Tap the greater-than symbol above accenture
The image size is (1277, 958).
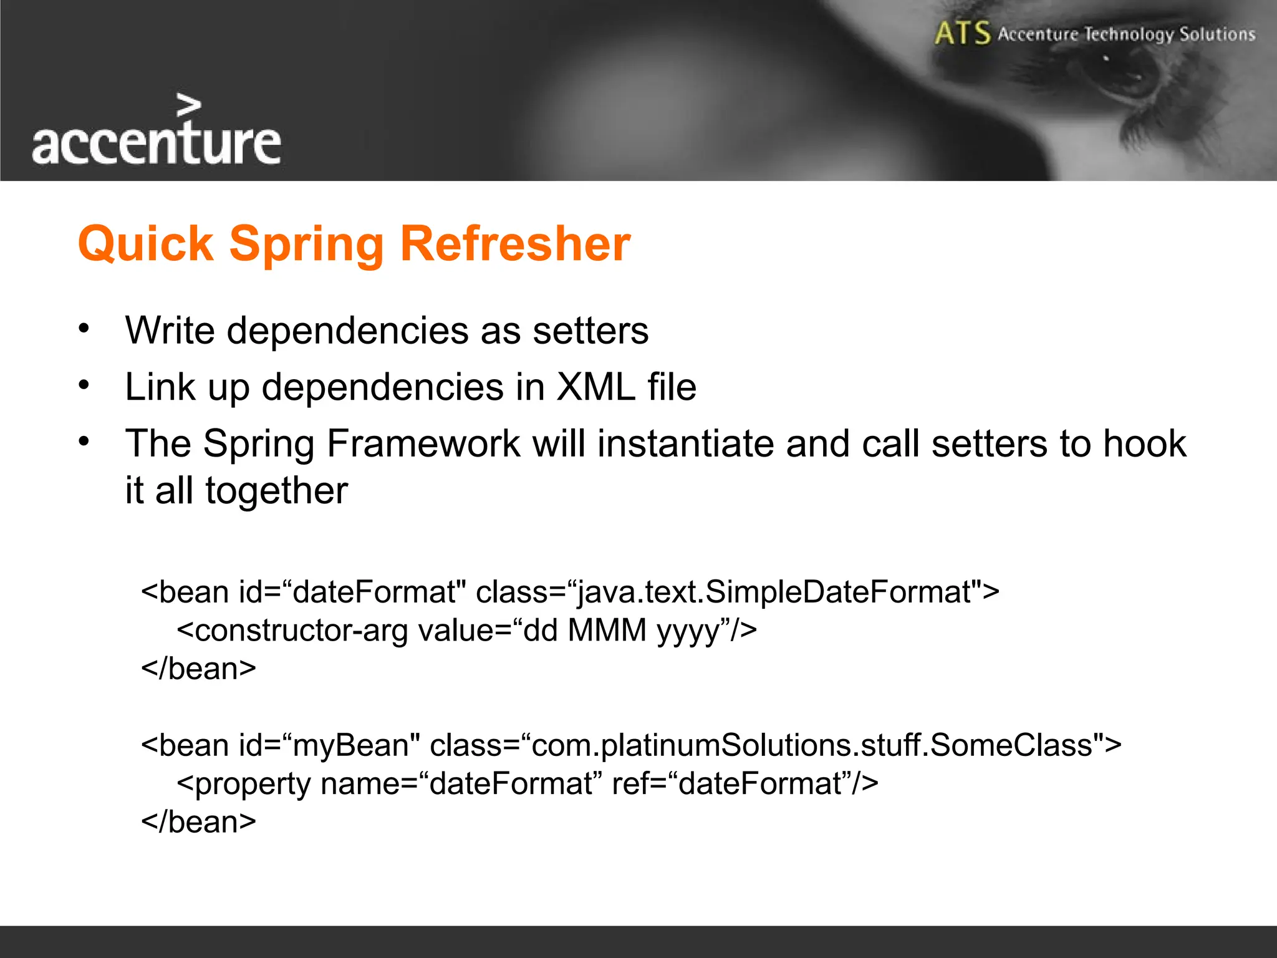pos(188,105)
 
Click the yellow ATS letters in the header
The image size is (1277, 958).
pos(962,33)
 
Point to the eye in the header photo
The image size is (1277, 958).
pos(1122,78)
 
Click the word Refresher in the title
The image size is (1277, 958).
pos(514,243)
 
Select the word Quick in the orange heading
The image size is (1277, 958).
pos(145,243)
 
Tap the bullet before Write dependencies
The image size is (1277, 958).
pos(84,328)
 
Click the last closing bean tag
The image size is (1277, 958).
pos(198,822)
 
